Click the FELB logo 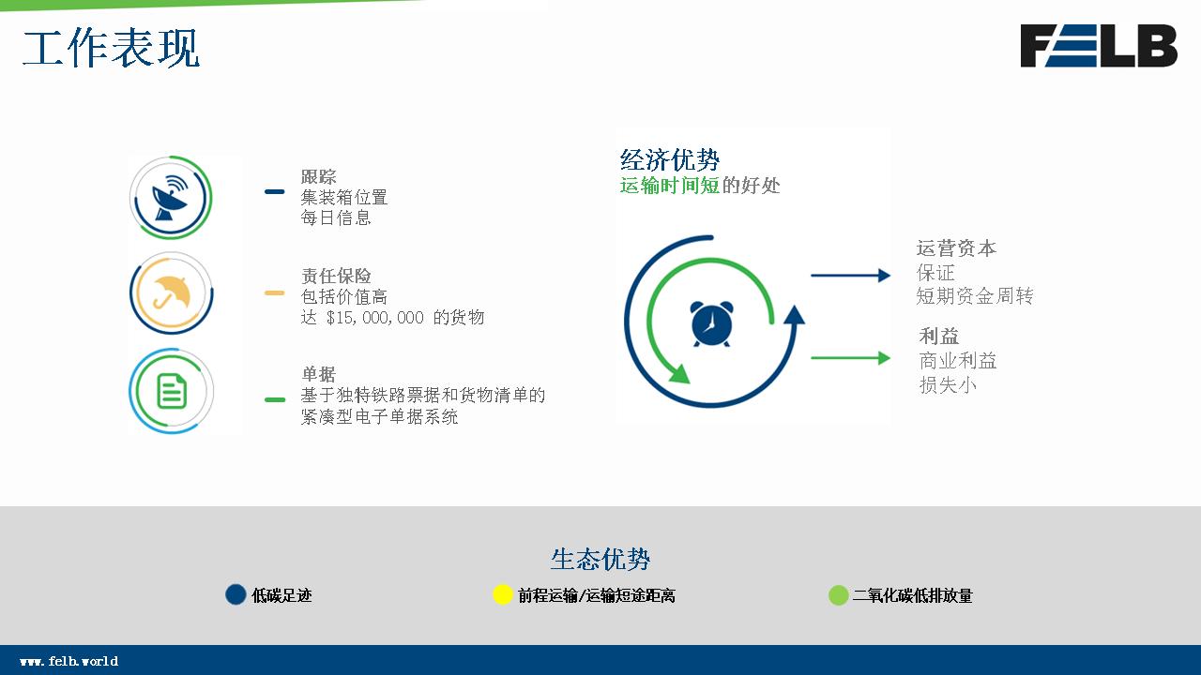1099,46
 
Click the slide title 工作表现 111,48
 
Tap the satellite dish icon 171,198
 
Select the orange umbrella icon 171,293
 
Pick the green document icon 172,391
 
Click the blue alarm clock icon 711,323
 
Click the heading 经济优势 670,159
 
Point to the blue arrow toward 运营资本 850,276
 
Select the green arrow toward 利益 850,358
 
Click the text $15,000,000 374,318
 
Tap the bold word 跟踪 318,176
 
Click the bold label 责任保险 336,276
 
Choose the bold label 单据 318,374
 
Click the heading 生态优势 600,560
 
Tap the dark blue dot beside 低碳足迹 236,594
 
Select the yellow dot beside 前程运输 502,594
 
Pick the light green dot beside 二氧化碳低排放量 838,595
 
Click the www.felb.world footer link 68,661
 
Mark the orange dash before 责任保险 275,292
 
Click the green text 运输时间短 670,186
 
